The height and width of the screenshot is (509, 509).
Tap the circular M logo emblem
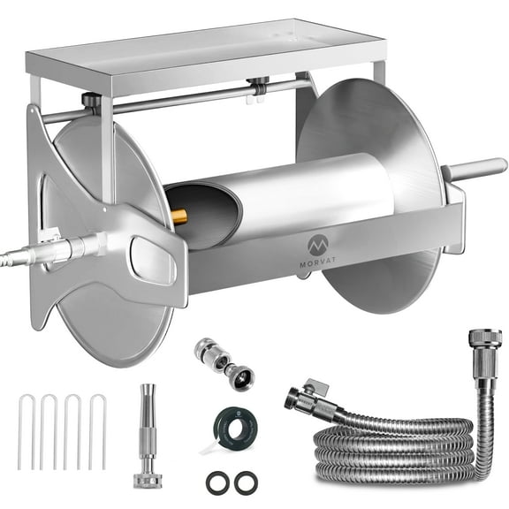point(318,243)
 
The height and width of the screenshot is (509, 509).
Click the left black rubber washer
point(216,482)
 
